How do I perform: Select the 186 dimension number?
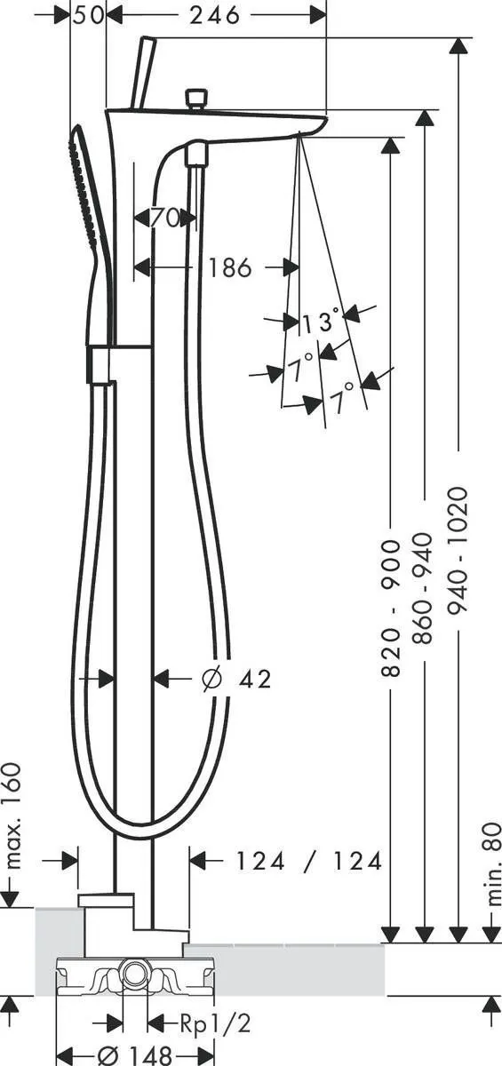[x=230, y=266]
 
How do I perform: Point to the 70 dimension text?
[x=163, y=218]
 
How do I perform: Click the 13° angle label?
[x=319, y=322]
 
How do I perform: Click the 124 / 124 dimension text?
[x=308, y=860]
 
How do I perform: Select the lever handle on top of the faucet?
[x=141, y=71]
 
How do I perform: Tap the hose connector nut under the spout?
[x=195, y=157]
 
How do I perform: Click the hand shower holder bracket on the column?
[x=100, y=364]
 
